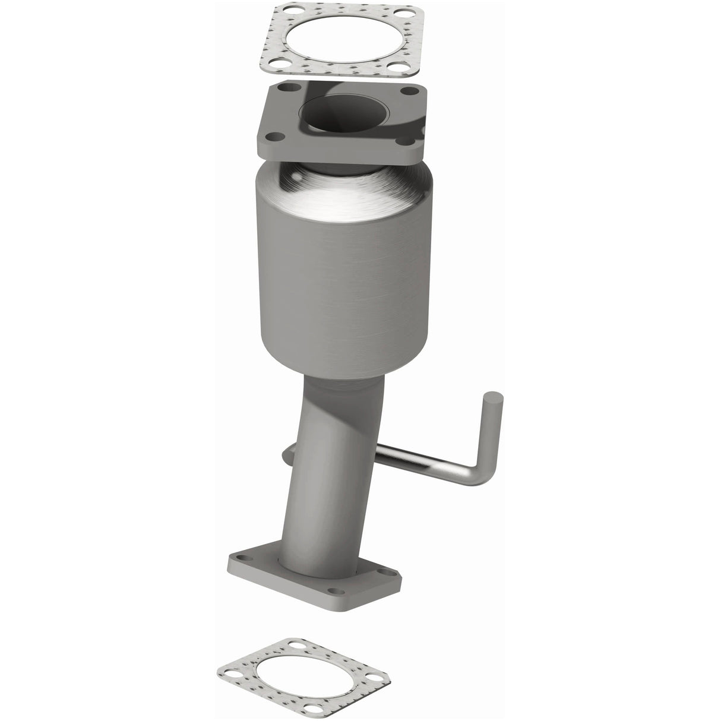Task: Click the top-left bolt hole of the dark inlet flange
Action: pos(289,88)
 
